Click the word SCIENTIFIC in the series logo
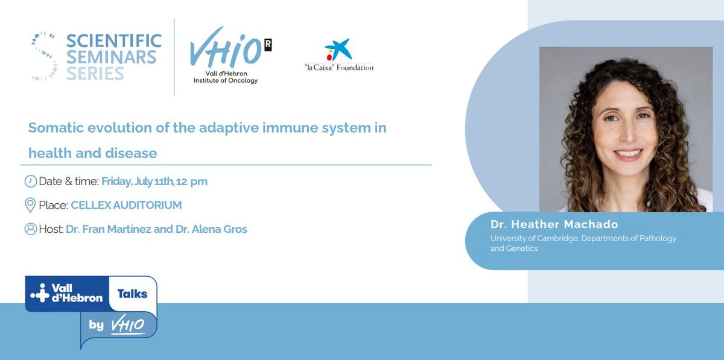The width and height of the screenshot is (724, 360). point(114,41)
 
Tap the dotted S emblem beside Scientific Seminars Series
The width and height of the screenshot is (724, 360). point(44,56)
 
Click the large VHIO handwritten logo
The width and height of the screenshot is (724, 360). point(225,48)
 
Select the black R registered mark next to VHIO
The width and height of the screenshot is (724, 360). point(268,45)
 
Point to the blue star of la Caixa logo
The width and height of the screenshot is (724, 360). point(341,49)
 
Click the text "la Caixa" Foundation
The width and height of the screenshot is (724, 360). point(339,68)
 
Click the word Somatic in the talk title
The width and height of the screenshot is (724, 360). point(56,128)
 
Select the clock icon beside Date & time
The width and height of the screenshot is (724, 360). point(31,182)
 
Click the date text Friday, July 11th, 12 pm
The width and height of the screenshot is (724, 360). point(154,182)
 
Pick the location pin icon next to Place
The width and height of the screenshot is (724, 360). point(30,205)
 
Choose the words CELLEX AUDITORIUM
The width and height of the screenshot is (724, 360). point(126,205)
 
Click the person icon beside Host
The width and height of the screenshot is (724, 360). point(31,229)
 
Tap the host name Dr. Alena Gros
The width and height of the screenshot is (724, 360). point(211,229)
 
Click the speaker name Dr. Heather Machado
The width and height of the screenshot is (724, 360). point(554,224)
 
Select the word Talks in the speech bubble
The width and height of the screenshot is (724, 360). point(132,294)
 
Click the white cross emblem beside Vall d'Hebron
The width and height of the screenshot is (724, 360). point(40,293)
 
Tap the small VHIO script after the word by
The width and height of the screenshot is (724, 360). point(128,325)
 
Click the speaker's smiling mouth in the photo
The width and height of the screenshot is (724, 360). point(627,154)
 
